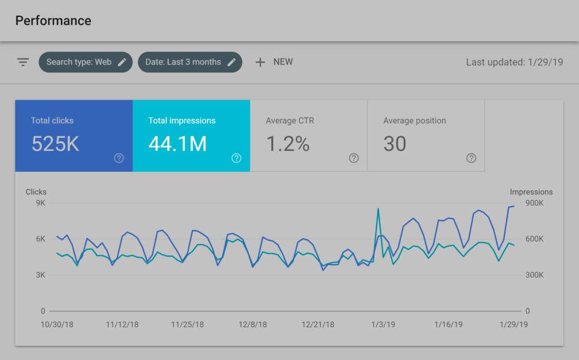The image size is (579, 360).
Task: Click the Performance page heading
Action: point(53,21)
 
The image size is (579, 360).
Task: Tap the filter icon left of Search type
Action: point(23,62)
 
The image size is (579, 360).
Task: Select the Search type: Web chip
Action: point(85,62)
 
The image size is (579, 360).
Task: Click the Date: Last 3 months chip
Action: point(189,62)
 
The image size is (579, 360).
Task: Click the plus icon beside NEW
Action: point(260,62)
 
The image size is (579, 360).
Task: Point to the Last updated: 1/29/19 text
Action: point(514,62)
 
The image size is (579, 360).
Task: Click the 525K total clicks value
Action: point(55,144)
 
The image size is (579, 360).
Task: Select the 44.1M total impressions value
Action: point(178,144)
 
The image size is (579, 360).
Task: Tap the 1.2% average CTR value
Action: point(288,144)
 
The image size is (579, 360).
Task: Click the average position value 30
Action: point(395,144)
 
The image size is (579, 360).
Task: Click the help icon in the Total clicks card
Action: point(119,158)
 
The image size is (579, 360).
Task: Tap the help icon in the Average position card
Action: point(471,158)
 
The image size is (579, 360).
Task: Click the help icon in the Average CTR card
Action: point(354,158)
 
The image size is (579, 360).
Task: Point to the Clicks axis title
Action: point(36,192)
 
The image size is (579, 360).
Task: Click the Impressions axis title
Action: point(531,192)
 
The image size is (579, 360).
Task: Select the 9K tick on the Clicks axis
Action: point(40,203)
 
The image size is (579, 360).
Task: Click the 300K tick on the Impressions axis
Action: point(534,275)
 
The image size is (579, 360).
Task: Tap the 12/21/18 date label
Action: point(318,325)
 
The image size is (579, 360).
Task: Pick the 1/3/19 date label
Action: point(382,325)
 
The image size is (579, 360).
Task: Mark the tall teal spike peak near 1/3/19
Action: point(378,209)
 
